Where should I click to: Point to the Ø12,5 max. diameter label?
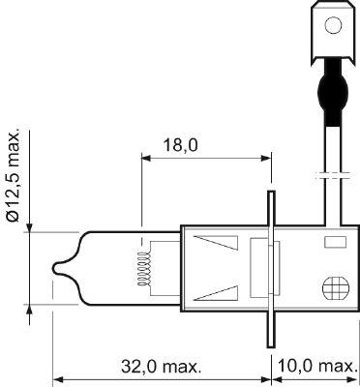pyautogui.click(x=13, y=174)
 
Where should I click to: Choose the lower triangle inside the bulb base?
pyautogui.click(x=215, y=289)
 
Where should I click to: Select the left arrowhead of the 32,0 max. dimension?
pyautogui.click(x=56, y=379)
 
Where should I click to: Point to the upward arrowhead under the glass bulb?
pyautogui.click(x=30, y=307)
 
